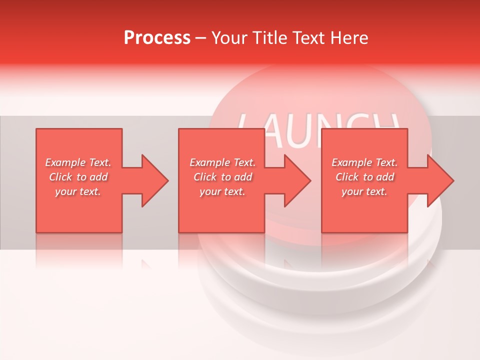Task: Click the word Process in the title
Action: point(157,38)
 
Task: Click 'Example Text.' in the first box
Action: point(78,162)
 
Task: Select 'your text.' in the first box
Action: point(78,191)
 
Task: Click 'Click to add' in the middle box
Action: point(222,177)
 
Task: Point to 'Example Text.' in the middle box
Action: point(222,162)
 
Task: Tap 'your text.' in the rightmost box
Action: point(364,191)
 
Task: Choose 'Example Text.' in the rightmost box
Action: point(364,162)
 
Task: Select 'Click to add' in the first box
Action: point(78,177)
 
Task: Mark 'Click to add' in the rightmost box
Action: point(364,177)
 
